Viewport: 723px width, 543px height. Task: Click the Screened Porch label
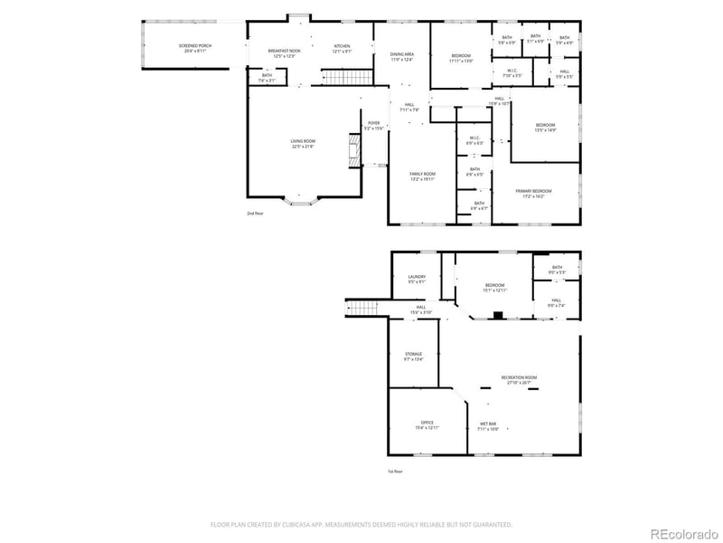pos(194,47)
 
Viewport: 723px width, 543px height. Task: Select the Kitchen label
pos(342,49)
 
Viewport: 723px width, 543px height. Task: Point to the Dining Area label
pos(402,57)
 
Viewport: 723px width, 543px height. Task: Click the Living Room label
pos(303,144)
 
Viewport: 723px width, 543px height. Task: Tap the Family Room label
pos(423,176)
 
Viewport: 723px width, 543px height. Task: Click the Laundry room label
pos(417,279)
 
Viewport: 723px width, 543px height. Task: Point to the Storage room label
pos(413,357)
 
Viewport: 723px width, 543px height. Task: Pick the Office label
pos(427,424)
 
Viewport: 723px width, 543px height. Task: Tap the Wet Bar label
pos(488,426)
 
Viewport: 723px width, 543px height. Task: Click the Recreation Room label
pos(520,379)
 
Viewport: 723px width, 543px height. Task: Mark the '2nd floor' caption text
pos(255,214)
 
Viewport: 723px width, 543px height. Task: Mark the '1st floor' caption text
pos(394,472)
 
